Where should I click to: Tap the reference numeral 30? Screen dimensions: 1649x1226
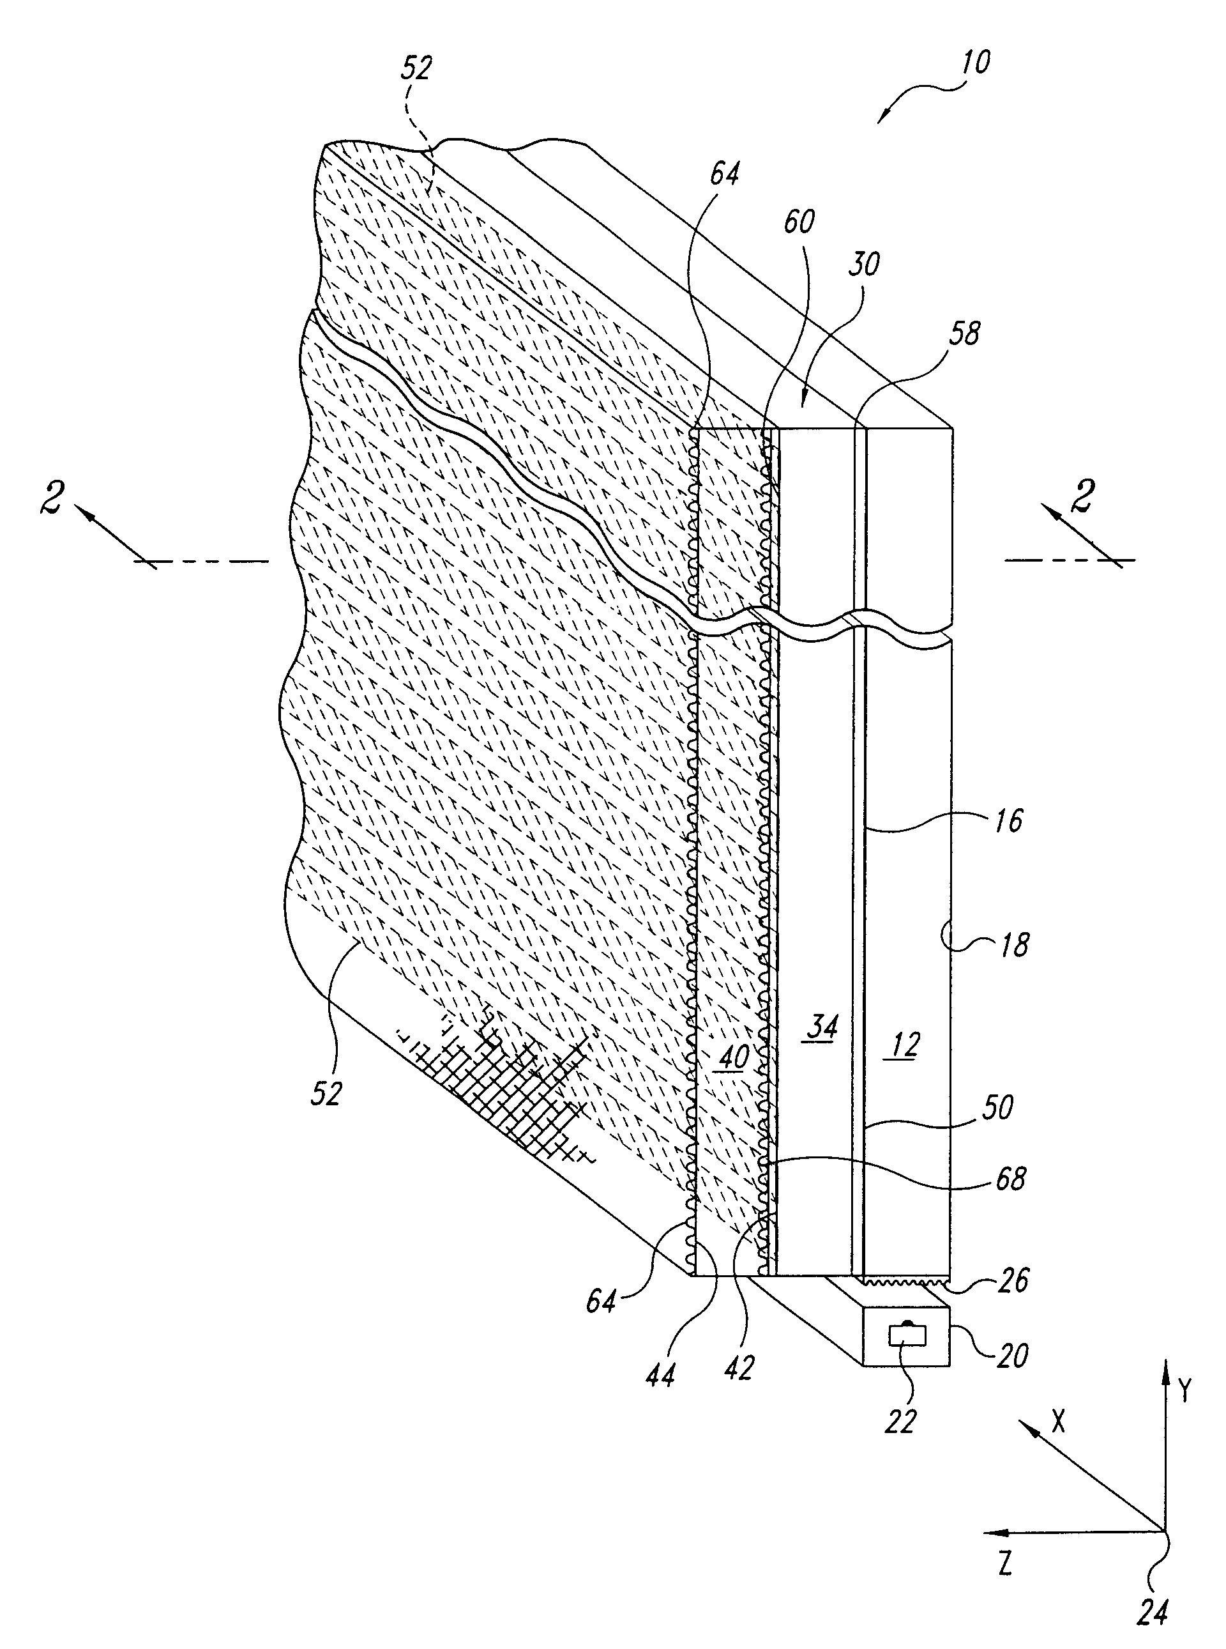pyautogui.click(x=864, y=265)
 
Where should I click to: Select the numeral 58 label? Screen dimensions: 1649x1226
pyautogui.click(x=964, y=334)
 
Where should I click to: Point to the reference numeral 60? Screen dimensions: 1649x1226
pyautogui.click(x=799, y=222)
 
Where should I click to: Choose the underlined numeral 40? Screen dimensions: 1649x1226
pyautogui.click(x=732, y=1057)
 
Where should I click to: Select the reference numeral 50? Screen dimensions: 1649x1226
pyautogui.click(x=998, y=1108)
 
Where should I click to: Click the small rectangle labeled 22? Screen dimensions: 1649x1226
pyautogui.click(x=907, y=1337)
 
